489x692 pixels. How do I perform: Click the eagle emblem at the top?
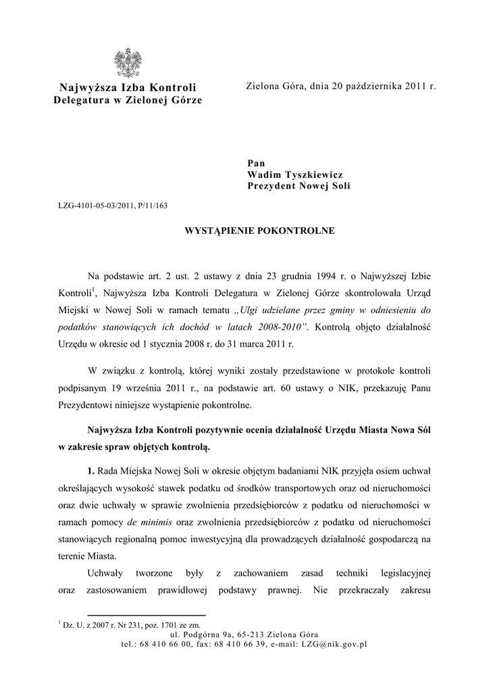[x=128, y=64]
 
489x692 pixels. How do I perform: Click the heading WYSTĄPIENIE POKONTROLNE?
[x=259, y=231]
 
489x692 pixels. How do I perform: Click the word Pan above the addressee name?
[x=256, y=163]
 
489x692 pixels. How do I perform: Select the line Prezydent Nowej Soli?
[x=299, y=186]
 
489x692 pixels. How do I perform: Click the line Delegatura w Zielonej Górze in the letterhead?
[x=128, y=100]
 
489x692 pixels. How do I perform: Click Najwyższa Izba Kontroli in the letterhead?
[x=128, y=88]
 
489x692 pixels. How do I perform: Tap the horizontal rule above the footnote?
[x=98, y=616]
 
